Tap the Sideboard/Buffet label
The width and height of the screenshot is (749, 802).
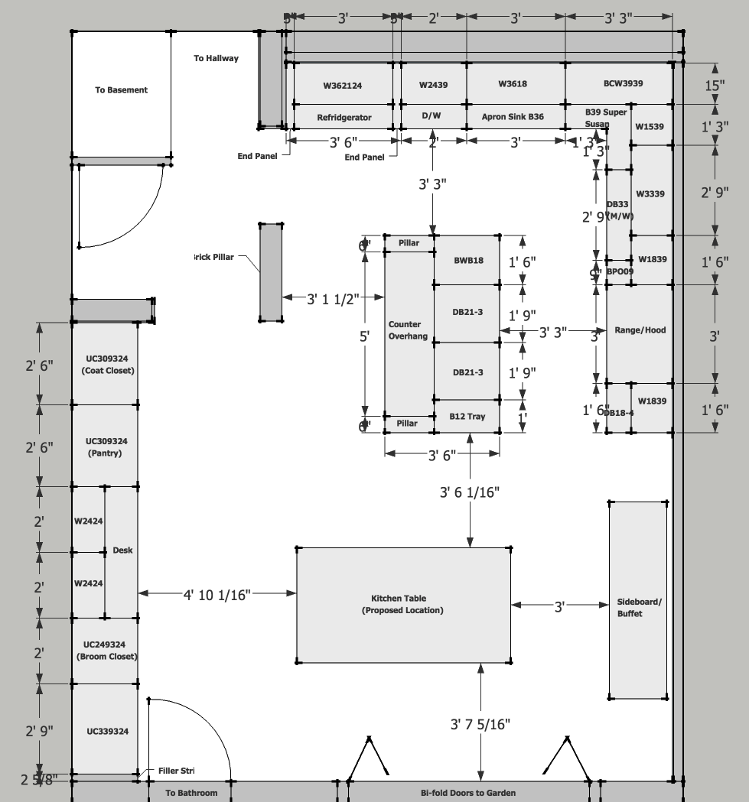(x=639, y=608)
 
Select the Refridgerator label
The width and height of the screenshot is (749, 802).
(x=344, y=117)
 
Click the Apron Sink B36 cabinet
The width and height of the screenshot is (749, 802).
(x=513, y=117)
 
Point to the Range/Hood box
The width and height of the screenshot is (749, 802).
(x=640, y=330)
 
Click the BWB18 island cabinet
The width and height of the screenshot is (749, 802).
(x=467, y=261)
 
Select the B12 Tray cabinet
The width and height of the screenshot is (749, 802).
(x=467, y=417)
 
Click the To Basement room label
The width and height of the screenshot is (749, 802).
(x=121, y=89)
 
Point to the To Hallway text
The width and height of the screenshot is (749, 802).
(x=216, y=58)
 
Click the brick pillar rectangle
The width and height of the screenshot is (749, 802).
(x=271, y=271)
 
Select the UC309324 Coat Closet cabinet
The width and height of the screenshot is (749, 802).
(x=106, y=364)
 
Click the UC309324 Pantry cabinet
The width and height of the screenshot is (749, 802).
(x=106, y=446)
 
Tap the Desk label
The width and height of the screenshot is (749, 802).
(x=122, y=550)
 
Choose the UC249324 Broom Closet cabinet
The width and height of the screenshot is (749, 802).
(x=106, y=651)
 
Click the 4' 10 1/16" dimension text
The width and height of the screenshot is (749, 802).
(x=217, y=594)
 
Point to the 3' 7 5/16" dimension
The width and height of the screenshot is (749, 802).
(x=480, y=723)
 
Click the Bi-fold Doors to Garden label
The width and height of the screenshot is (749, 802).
(x=468, y=793)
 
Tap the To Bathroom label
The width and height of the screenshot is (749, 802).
(x=191, y=793)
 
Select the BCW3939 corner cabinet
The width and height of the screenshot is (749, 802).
(x=617, y=83)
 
